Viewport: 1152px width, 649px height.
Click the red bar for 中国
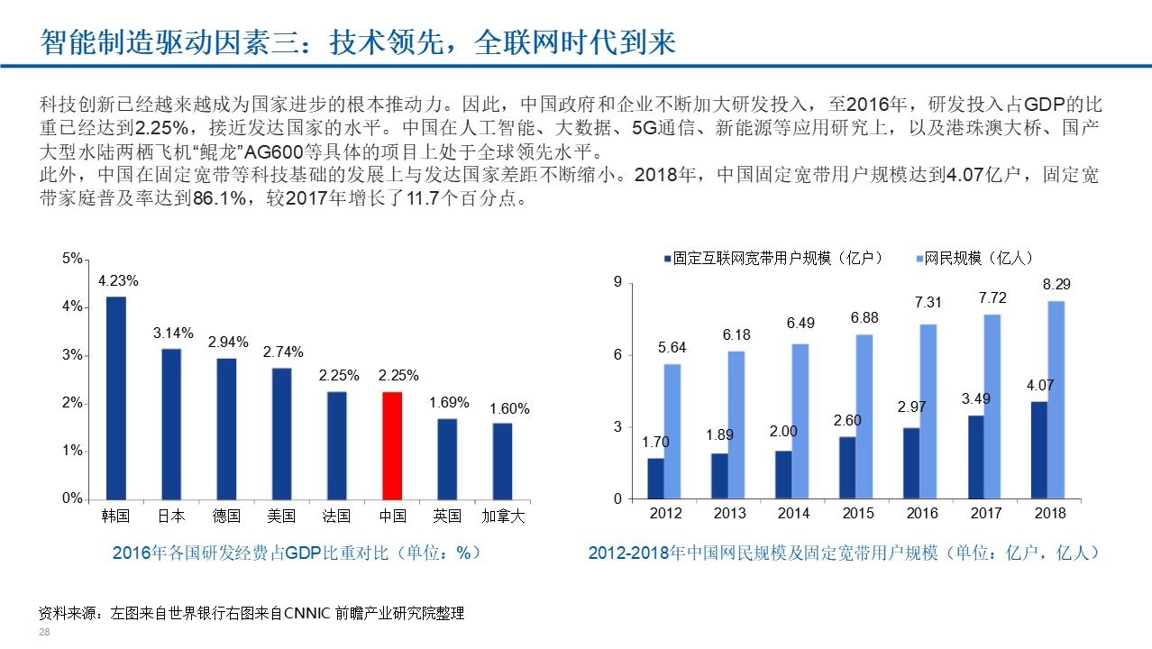pyautogui.click(x=392, y=445)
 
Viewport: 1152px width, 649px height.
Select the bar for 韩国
pyautogui.click(x=116, y=398)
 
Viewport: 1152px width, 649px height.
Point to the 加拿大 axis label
pyautogui.click(x=503, y=516)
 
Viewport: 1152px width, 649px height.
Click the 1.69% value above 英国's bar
pyautogui.click(x=447, y=402)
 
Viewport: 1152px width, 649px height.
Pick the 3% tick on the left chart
pyautogui.click(x=72, y=355)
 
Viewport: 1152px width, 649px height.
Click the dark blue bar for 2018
pyautogui.click(x=1038, y=450)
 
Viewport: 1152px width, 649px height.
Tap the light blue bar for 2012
pyautogui.click(x=672, y=431)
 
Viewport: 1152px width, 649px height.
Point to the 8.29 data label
pyautogui.click(x=1056, y=284)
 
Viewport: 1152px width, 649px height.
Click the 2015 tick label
pyautogui.click(x=857, y=514)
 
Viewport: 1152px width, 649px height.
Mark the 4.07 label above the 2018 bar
pyautogui.click(x=1039, y=385)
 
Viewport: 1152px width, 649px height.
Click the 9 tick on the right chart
pyautogui.click(x=617, y=283)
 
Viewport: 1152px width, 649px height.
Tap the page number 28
pyautogui.click(x=43, y=634)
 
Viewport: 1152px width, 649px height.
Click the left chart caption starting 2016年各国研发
pyautogui.click(x=296, y=553)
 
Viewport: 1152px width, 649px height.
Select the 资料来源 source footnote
pyautogui.click(x=251, y=614)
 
